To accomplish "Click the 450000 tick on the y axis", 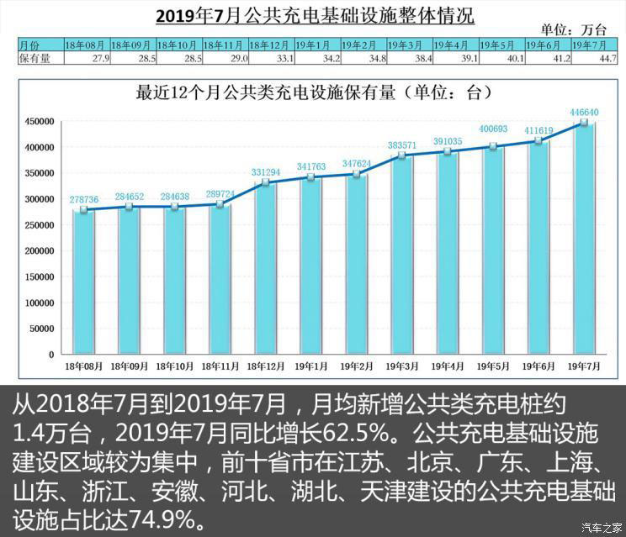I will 40,122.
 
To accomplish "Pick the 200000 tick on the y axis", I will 40,251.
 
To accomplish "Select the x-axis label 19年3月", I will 404,367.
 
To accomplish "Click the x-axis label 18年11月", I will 222,367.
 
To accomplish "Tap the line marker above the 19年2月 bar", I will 358,174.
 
